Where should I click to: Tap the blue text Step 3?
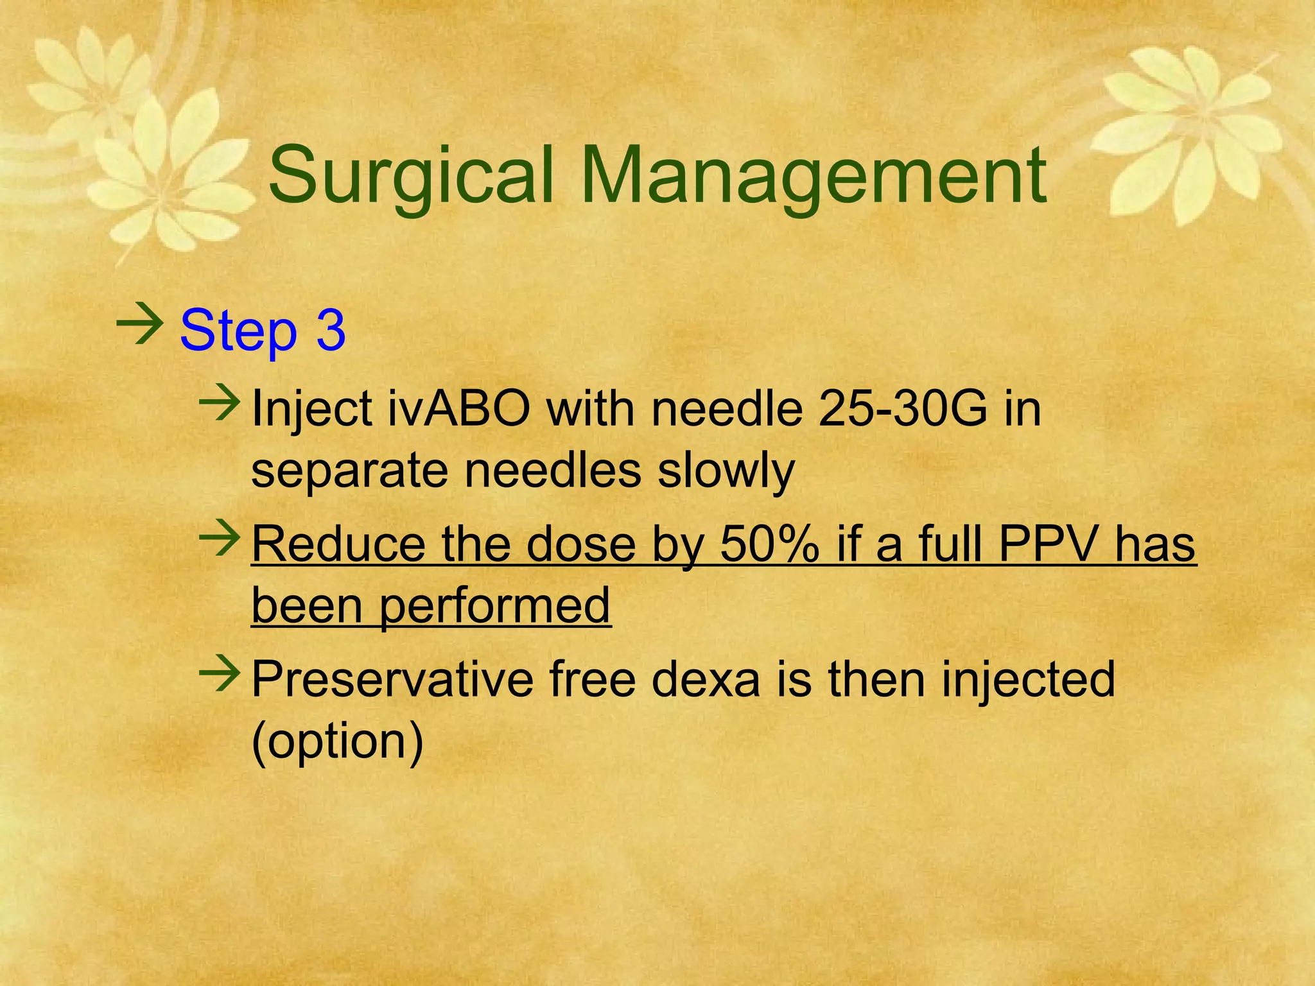coord(263,331)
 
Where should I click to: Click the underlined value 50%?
coord(769,544)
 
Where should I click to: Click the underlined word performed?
coord(494,607)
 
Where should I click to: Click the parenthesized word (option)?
coord(338,741)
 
